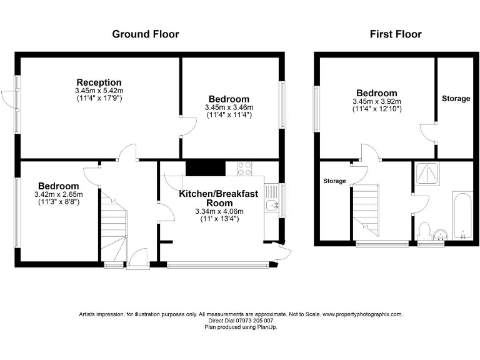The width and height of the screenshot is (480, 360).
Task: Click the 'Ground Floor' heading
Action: pyautogui.click(x=145, y=34)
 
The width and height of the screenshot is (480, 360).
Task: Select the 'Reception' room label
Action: pyautogui.click(x=99, y=82)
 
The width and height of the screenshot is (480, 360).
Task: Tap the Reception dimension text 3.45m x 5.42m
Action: pyautogui.click(x=99, y=91)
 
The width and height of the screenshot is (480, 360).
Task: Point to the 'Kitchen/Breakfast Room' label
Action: pyautogui.click(x=218, y=199)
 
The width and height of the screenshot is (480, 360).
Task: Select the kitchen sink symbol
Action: pyautogui.click(x=271, y=204)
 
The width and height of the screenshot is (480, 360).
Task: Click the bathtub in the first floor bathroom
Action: pyautogui.click(x=463, y=217)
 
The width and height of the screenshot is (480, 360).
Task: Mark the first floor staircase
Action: pyautogui.click(x=366, y=205)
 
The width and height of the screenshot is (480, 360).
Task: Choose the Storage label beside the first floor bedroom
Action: pyautogui.click(x=456, y=99)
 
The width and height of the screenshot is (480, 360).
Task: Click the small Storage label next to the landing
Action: pyautogui.click(x=334, y=181)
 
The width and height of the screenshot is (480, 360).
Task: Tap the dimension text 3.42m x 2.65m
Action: pyautogui.click(x=58, y=194)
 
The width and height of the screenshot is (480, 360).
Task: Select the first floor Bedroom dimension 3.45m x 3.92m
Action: pyautogui.click(x=377, y=101)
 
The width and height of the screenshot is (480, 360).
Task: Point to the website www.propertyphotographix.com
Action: pyautogui.click(x=362, y=315)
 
